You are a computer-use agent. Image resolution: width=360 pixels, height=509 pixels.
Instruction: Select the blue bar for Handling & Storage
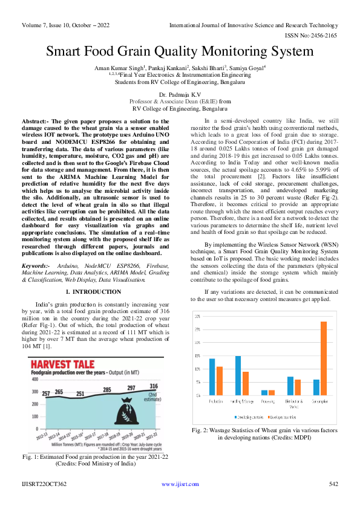[238, 375]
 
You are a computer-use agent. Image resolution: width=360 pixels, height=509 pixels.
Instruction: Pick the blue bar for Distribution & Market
[290, 386]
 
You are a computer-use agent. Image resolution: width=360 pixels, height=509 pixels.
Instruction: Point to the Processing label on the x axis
[269, 401]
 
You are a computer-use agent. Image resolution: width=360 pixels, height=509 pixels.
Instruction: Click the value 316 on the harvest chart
[154, 386]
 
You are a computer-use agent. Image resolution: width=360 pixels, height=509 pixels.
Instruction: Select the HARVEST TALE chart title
[65, 365]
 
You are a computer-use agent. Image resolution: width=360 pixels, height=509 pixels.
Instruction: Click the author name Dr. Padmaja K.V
[180, 95]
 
